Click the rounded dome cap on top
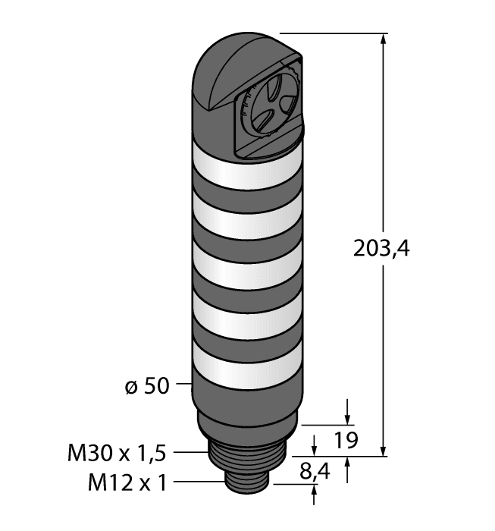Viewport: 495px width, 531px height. (227, 72)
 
